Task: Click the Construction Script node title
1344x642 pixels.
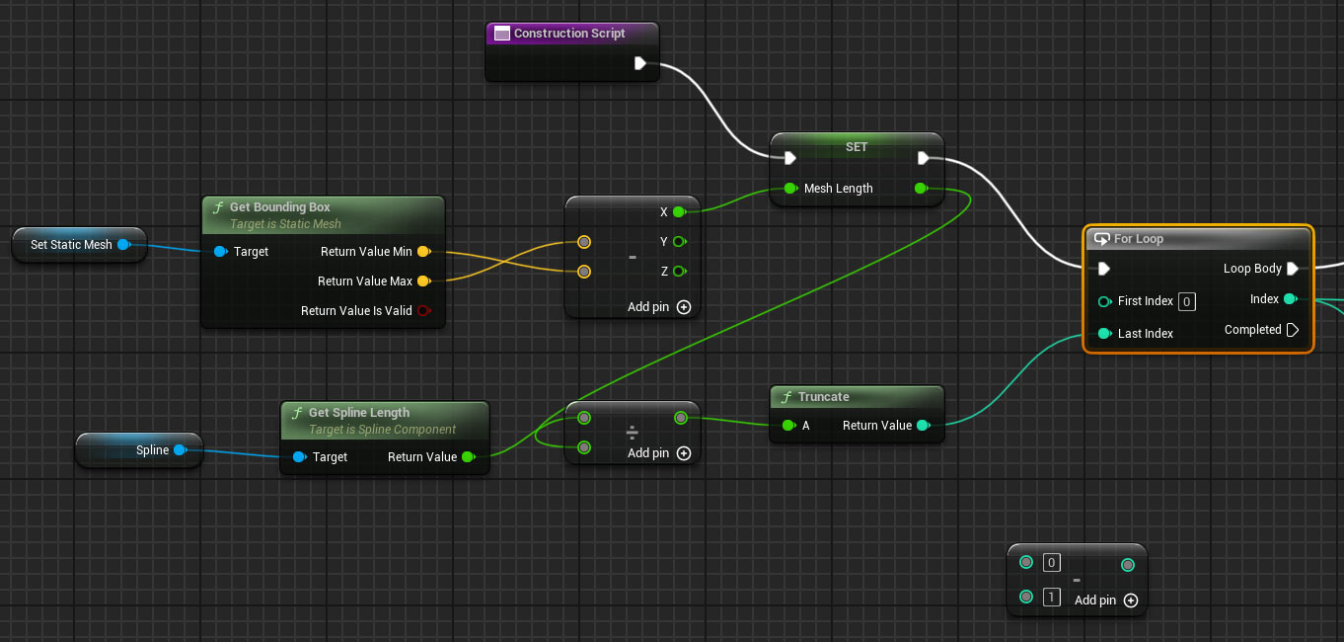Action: (568, 34)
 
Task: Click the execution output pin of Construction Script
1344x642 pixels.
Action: (640, 63)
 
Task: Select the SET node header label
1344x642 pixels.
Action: (857, 147)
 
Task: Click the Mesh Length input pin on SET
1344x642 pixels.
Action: (790, 189)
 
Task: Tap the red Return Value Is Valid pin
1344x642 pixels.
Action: (424, 310)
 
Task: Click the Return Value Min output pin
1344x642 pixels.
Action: (424, 252)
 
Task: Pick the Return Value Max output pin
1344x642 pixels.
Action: (424, 281)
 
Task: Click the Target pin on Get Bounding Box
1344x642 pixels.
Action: (221, 252)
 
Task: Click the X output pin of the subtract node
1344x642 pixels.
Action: (680, 212)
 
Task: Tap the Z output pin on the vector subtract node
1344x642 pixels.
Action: (680, 272)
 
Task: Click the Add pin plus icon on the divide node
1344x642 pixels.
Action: (684, 453)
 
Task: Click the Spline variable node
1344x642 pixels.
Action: (139, 449)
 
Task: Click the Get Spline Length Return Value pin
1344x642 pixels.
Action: (469, 457)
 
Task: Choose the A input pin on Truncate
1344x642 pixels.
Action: (789, 426)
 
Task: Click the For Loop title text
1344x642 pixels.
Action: (1138, 239)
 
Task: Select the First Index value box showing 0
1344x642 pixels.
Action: (1187, 301)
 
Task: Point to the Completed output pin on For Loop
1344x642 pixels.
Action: (1293, 330)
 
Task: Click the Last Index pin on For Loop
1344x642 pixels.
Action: (1104, 333)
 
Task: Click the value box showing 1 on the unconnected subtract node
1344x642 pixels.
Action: (1051, 598)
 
